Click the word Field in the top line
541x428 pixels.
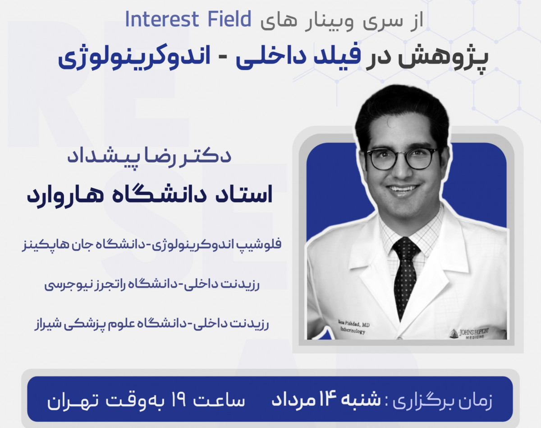point(227,20)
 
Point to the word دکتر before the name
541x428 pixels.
point(211,156)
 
